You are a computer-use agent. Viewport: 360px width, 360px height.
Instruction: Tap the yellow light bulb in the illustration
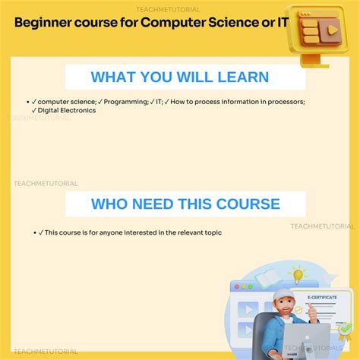(x=297, y=274)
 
